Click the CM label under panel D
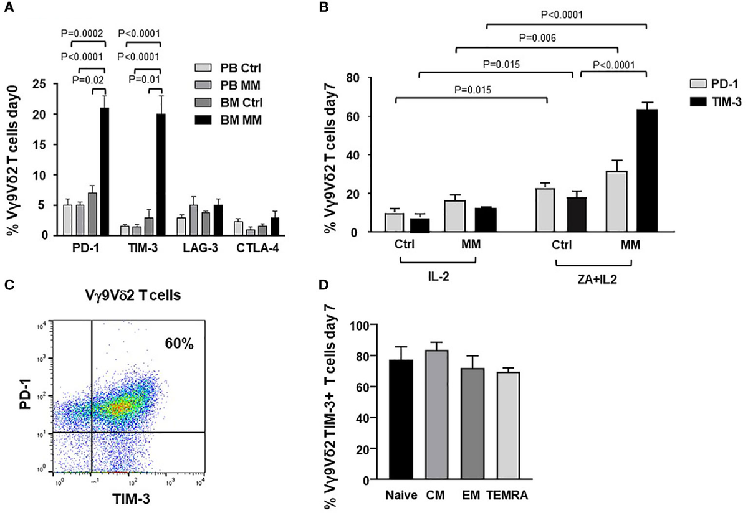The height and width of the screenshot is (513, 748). click(x=436, y=497)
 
